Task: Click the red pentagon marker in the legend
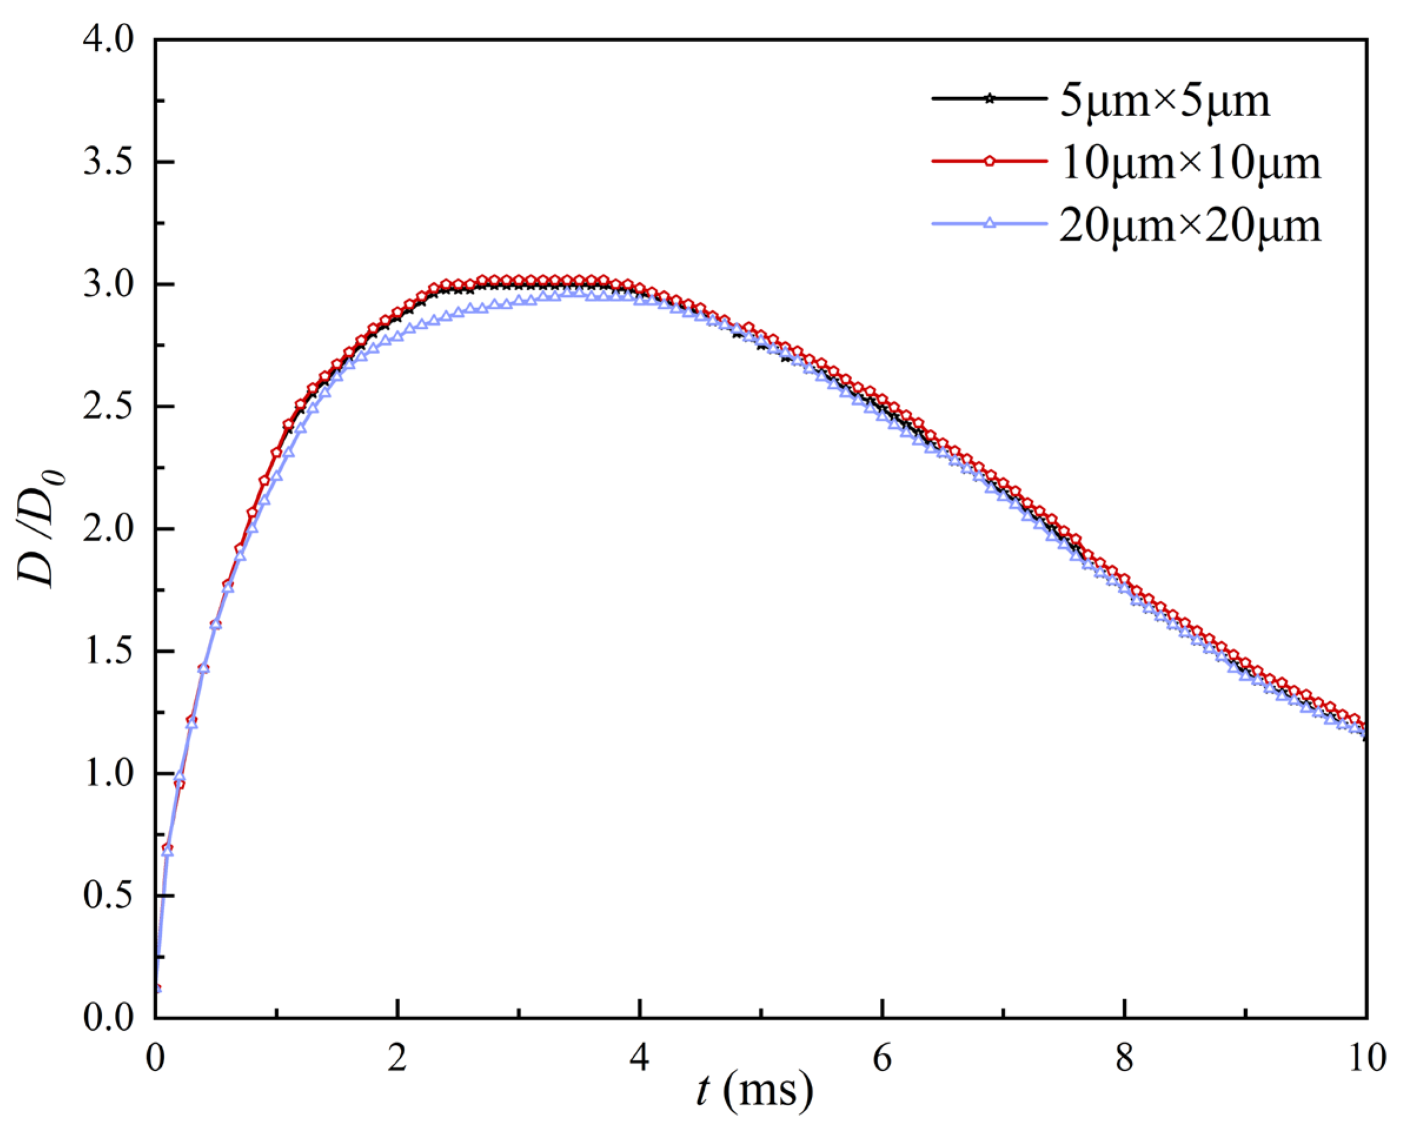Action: [x=989, y=161]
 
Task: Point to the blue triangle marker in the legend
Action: [x=989, y=223]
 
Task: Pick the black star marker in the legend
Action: [x=989, y=99]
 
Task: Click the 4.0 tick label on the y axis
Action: [x=108, y=41]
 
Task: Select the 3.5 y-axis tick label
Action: [x=108, y=163]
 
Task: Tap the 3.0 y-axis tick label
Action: [x=108, y=285]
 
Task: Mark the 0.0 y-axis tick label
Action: [x=108, y=1018]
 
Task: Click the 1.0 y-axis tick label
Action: [x=108, y=774]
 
